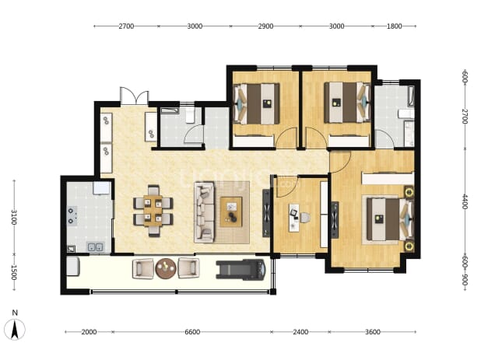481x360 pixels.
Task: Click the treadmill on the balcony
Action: pos(240,269)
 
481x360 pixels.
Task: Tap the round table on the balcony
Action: pos(166,268)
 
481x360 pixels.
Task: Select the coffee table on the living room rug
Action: pos(231,211)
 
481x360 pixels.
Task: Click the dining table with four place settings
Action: pos(153,211)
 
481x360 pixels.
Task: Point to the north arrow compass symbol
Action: pos(15,329)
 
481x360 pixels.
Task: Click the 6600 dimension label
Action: pos(192,332)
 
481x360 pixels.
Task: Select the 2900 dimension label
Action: pos(265,26)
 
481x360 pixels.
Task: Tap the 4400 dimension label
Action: pos(465,201)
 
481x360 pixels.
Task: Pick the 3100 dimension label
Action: pos(14,217)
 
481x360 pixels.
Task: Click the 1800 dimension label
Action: pos(394,26)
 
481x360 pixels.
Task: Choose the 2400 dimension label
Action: pos(300,332)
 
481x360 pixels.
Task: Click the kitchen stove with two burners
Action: pos(72,215)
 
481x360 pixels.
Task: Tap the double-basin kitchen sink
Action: pos(96,246)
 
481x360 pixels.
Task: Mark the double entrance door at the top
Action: pos(135,96)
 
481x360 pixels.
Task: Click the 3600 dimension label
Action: pos(373,332)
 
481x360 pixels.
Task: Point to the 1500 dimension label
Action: pos(14,272)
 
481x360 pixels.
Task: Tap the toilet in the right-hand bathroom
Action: pos(406,114)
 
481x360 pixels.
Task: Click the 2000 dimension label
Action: pos(89,332)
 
